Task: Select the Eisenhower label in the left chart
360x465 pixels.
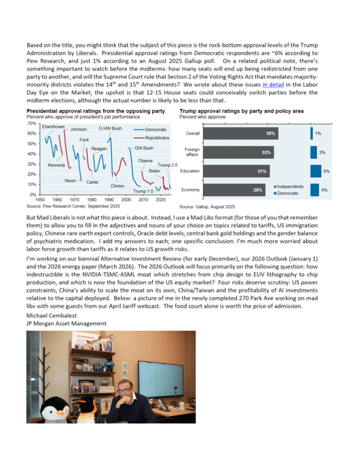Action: click(53, 127)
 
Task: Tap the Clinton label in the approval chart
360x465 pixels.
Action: click(117, 186)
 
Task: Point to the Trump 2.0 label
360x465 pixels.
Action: click(168, 165)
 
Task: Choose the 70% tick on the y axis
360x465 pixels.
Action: click(31, 124)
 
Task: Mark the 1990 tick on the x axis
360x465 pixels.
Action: click(109, 200)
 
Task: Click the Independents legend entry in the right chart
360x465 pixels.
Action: click(288, 186)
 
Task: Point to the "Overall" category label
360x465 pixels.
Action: click(192, 133)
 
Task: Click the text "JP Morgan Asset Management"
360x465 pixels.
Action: click(66, 324)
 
